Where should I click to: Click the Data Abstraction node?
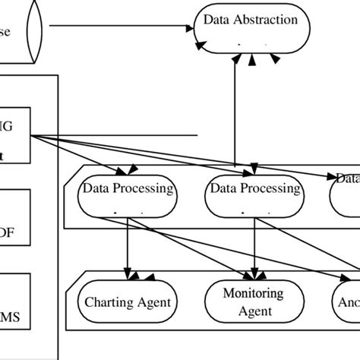point(251,30)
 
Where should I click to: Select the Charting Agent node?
point(127,303)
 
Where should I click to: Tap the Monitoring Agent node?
point(253,302)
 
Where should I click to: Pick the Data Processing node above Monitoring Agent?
point(254,197)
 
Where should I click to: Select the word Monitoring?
point(253,293)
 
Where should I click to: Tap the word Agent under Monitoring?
point(253,311)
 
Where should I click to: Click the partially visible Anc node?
point(346,302)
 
